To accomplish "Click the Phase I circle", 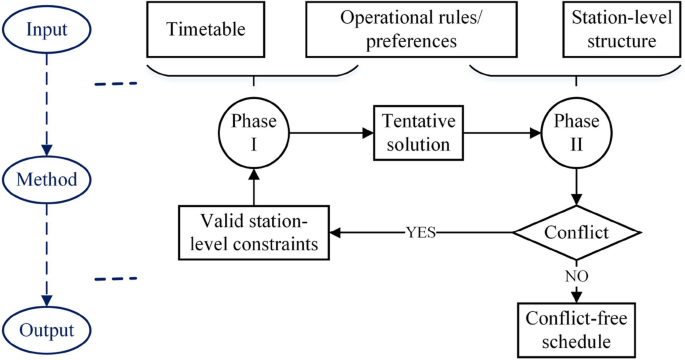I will pyautogui.click(x=254, y=130).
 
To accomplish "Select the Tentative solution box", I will pyautogui.click(x=418, y=131).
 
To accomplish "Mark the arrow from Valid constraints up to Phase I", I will pyautogui.click(x=254, y=185).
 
